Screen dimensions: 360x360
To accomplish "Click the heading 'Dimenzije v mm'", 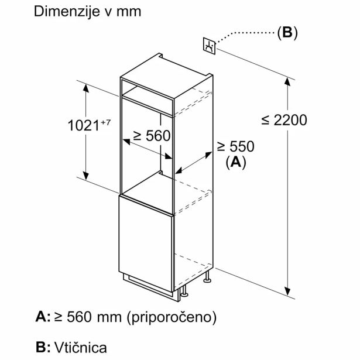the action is [x=87, y=12].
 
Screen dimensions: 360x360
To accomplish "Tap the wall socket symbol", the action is [x=209, y=46].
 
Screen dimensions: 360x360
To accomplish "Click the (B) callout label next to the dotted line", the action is [x=287, y=33].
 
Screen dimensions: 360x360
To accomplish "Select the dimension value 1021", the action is [x=84, y=126].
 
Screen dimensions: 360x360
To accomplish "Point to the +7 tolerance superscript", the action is [x=105, y=122].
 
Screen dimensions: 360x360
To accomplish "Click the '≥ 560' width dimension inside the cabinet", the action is [x=152, y=135].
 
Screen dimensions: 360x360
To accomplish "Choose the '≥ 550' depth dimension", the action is [x=236, y=146].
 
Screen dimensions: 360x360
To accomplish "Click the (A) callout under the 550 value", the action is [x=236, y=163].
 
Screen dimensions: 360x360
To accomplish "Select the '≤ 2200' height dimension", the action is [x=284, y=120].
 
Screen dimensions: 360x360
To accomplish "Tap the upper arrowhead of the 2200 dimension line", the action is [x=287, y=82].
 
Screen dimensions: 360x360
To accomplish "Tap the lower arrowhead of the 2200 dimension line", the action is [x=287, y=291].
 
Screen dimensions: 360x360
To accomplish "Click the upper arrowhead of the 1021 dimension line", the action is [x=86, y=88].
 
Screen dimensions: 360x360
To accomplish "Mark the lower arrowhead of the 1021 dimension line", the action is [x=86, y=176].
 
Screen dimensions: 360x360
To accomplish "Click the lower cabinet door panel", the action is [x=146, y=244].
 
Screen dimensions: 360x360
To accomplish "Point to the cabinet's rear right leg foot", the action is [x=208, y=280].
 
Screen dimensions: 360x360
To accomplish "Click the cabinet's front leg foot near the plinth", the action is [x=184, y=294].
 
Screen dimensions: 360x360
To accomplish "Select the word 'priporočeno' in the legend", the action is [x=172, y=317].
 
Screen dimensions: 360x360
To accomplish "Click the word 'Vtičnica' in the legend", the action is [x=81, y=347].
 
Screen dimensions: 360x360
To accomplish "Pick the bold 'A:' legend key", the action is [x=43, y=317].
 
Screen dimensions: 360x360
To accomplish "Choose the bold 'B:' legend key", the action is [x=43, y=347].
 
